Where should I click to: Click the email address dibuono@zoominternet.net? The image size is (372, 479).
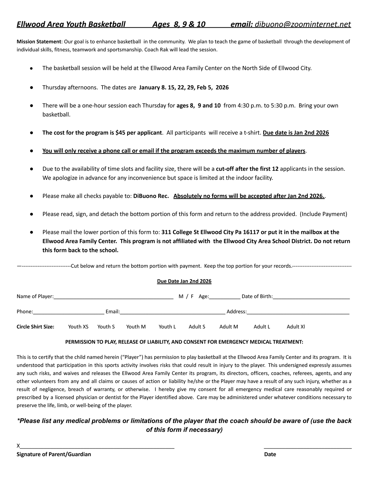(303, 24)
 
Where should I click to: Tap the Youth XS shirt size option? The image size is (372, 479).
(78, 327)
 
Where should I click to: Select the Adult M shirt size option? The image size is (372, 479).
(228, 327)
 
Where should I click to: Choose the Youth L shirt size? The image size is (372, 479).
(167, 327)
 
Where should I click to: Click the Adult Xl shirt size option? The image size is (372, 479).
(295, 327)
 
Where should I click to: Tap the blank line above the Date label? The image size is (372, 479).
(308, 446)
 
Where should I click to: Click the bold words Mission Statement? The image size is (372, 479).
(39, 42)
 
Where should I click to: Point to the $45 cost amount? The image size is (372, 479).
(120, 133)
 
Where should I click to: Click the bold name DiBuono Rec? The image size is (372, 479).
(151, 196)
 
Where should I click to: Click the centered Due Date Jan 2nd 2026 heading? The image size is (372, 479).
(184, 281)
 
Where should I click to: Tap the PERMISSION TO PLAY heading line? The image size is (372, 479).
(184, 342)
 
